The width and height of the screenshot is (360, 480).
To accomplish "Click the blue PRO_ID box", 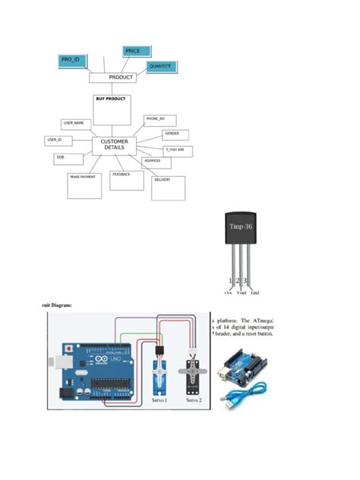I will pyautogui.click(x=71, y=60).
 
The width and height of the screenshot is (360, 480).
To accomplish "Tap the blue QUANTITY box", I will pyautogui.click(x=161, y=68).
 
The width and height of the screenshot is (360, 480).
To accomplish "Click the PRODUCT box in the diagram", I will pyautogui.click(x=112, y=77).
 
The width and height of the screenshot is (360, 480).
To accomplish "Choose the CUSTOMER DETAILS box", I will pyautogui.click(x=115, y=145).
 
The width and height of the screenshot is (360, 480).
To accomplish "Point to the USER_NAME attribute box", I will pyautogui.click(x=75, y=125).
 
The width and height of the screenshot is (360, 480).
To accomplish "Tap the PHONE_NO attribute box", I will pyautogui.click(x=160, y=121).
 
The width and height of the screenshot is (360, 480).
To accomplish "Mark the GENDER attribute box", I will pyautogui.click(x=175, y=135).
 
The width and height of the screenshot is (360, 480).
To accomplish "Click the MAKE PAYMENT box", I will pyautogui.click(x=84, y=185).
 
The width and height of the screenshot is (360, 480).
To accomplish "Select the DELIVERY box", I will pyautogui.click(x=168, y=188).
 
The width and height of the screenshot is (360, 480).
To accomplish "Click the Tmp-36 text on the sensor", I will pyautogui.click(x=242, y=226).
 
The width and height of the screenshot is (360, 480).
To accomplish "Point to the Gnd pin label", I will pyautogui.click(x=255, y=291).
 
